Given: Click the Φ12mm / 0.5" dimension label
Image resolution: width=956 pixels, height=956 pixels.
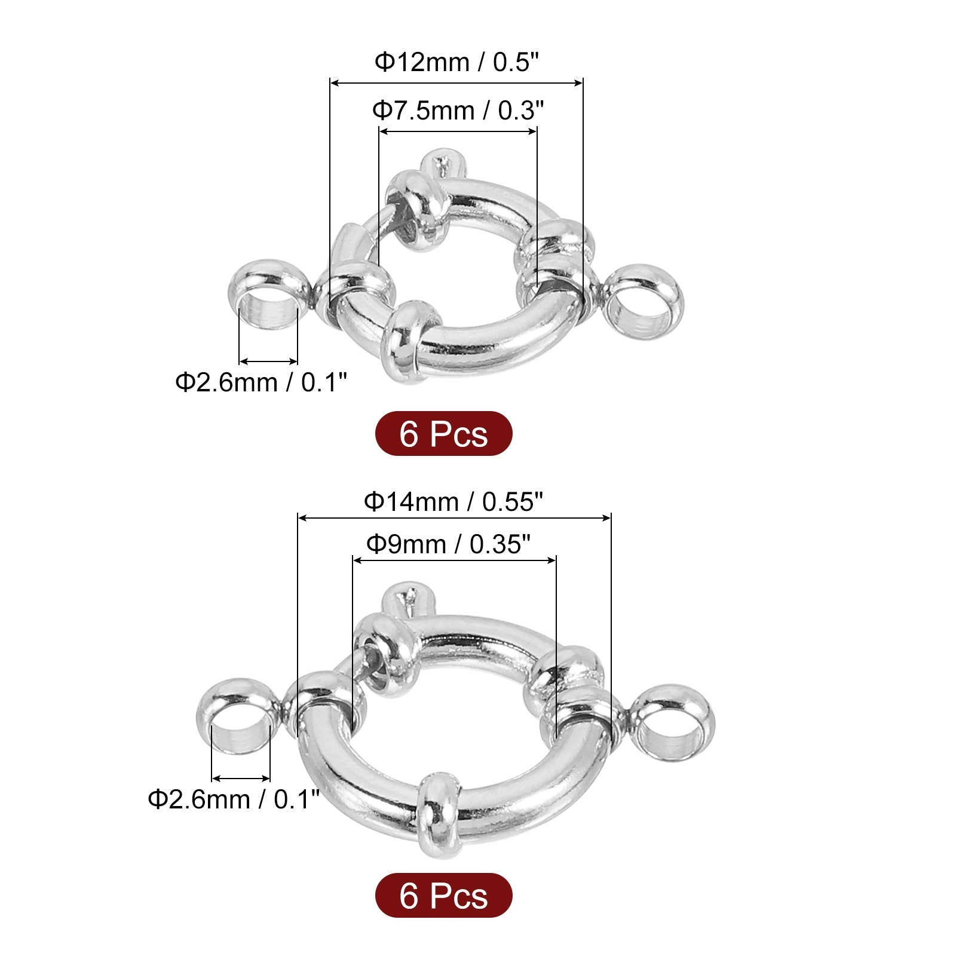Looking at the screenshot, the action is pos(456,62).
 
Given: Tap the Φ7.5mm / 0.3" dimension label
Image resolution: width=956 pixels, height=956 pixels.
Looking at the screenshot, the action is pos(458,111).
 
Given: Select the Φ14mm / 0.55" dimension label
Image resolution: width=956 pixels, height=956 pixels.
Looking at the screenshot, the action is pos(454,502).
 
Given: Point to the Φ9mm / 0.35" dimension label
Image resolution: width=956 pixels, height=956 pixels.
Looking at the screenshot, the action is pos(448,544).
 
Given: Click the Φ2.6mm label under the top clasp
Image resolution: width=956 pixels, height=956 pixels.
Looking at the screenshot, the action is pos(261,382).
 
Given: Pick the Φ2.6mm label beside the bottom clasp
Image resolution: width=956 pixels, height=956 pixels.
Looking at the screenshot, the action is pos(234,799).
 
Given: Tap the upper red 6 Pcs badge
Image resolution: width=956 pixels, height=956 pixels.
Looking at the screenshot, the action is pos(443,434).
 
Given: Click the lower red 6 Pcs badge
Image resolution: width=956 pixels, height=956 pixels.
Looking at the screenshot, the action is pos(443,896).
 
